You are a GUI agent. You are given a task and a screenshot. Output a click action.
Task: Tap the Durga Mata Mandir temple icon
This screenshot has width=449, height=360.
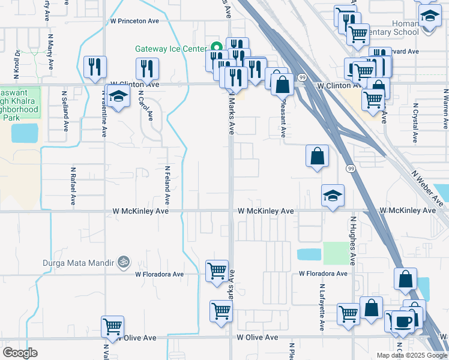124,262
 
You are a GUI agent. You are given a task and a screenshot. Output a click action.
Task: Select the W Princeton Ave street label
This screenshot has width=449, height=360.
134,20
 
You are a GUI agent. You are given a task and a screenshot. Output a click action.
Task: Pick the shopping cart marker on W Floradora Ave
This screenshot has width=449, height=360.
217,270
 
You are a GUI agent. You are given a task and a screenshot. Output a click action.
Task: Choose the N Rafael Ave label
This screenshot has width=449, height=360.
71,185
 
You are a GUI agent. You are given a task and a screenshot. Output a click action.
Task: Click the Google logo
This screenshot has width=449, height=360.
20,352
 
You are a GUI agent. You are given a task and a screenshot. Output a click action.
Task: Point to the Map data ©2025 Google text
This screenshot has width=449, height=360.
412,355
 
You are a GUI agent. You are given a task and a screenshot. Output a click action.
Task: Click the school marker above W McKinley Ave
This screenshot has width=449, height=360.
333,195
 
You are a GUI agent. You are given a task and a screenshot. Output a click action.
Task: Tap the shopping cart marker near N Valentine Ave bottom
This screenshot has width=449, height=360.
112,326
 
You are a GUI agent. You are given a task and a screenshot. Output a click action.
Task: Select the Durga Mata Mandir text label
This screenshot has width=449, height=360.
79,262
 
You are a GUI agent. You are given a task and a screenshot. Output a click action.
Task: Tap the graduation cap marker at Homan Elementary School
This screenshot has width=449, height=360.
429,16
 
